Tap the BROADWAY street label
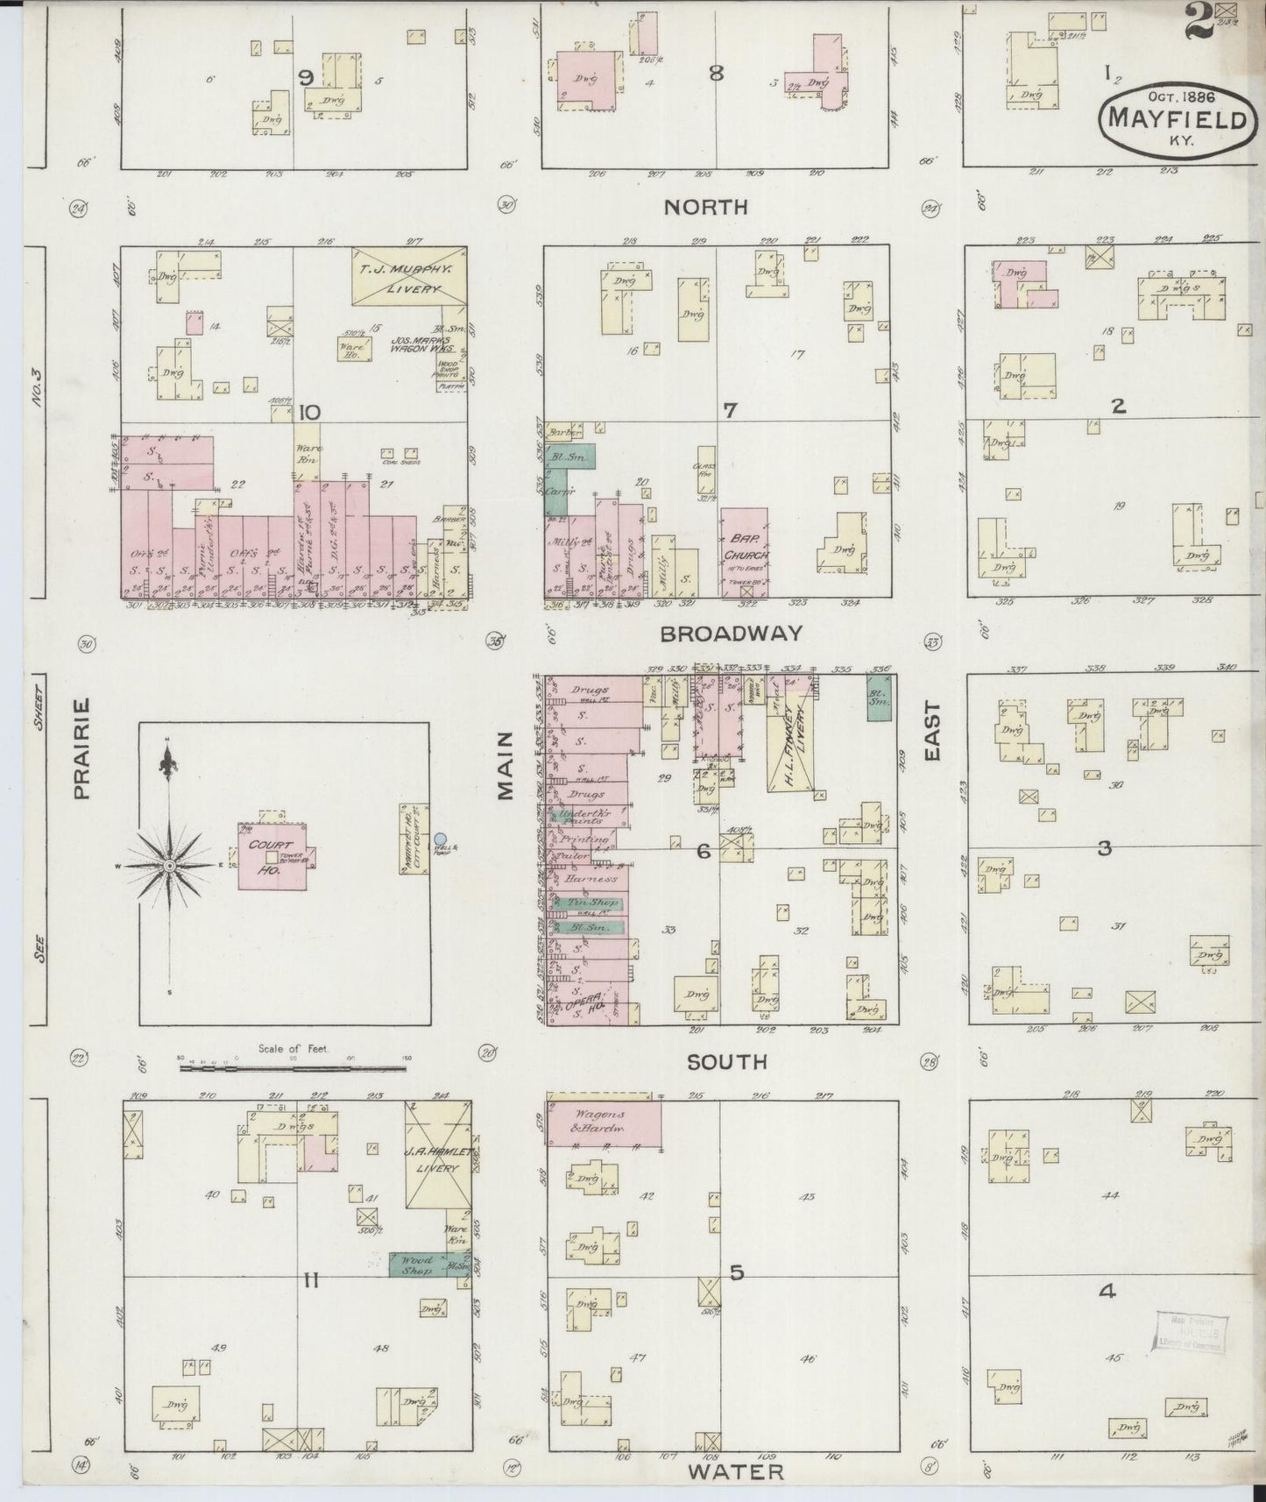(732, 634)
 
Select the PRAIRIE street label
(82, 748)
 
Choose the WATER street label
(736, 1471)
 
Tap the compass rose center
(170, 866)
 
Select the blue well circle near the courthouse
(440, 840)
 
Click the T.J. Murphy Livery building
(409, 277)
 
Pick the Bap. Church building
(745, 552)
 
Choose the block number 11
(310, 1281)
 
